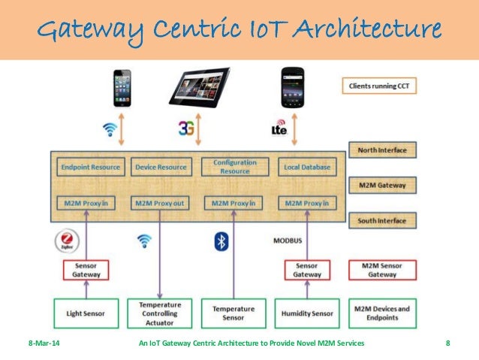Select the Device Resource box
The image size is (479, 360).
[159, 167]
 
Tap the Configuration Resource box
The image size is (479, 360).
[235, 167]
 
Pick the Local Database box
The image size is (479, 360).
[307, 167]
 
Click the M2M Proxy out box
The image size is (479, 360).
[159, 203]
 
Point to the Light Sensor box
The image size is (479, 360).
[86, 313]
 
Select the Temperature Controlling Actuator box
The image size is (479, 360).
[159, 313]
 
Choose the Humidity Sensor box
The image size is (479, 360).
[307, 313]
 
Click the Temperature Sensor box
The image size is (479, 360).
[233, 313]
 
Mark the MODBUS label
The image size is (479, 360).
[288, 242]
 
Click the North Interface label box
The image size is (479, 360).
[382, 150]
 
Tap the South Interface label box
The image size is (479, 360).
[382, 221]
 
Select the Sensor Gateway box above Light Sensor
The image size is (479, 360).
[85, 270]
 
